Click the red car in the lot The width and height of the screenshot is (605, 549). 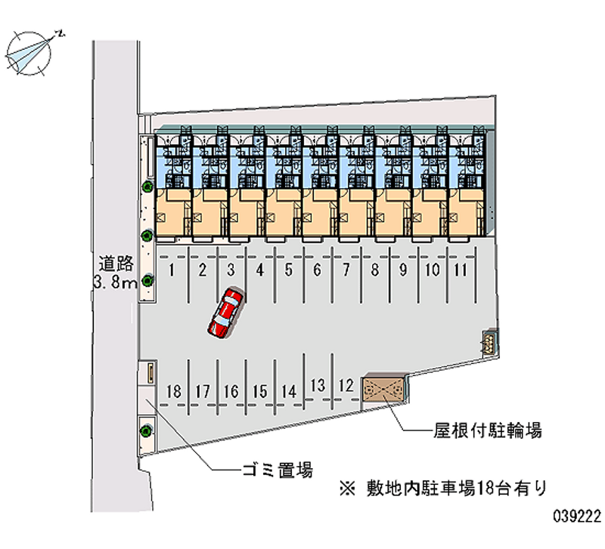226,313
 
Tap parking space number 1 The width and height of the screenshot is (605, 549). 173,269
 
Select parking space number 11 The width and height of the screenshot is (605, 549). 461,269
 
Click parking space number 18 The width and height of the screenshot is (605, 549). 174,391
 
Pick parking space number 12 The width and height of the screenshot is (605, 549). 346,385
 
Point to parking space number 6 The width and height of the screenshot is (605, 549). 317,269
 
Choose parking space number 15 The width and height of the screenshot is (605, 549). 260,391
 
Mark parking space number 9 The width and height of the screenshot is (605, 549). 403,269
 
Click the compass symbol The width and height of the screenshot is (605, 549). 29,51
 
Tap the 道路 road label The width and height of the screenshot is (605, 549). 116,264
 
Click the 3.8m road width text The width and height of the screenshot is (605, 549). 114,283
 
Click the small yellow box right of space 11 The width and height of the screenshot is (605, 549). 488,342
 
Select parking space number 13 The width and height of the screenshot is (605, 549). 318,385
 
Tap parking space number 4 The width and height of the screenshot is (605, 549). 259,269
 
